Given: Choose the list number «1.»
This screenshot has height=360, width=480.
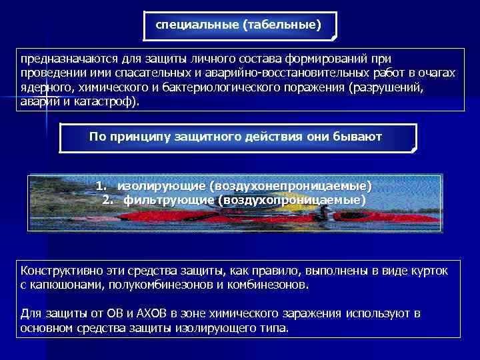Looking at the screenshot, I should tap(101, 185).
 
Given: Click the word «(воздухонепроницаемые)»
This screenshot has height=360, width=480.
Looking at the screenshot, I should tap(291, 185).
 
